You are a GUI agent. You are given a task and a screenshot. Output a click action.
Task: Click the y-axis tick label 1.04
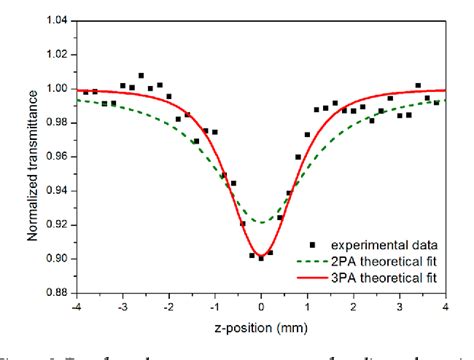pos(53,20)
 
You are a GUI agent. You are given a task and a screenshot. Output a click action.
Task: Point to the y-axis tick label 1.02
pos(53,54)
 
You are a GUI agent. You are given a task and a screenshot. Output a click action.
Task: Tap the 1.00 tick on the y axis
pos(53,88)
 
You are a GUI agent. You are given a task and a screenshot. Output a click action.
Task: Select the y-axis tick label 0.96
pos(53,156)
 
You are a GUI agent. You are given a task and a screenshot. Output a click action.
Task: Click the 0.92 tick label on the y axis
pos(53,224)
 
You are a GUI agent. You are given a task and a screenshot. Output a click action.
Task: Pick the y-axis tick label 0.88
pos(53,292)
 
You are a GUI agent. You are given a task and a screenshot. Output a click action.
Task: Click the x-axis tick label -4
pos(76,305)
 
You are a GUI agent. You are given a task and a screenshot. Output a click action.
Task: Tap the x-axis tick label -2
pos(168,305)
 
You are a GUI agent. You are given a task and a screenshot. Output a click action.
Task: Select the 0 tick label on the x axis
pos(261,305)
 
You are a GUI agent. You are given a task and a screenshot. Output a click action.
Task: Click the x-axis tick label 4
pos(445,305)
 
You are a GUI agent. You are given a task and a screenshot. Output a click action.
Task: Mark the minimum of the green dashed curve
pos(261,221)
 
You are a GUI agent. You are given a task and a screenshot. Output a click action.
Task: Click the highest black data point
pos(141,75)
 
